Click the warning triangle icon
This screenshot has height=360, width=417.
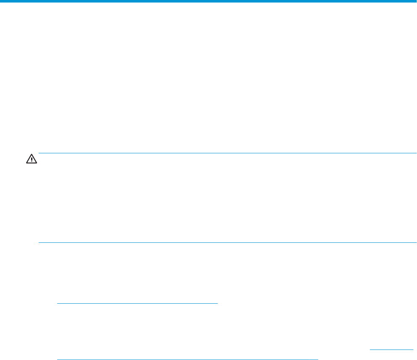31,158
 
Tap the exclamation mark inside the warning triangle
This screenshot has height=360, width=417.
31,159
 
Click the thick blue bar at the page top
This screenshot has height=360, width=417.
208,1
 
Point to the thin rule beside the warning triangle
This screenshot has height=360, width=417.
227,153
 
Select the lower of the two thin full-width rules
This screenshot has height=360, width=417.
227,242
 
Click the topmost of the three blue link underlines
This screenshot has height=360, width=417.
137,303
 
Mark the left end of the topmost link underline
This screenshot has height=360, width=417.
57,303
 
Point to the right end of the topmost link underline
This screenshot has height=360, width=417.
218,303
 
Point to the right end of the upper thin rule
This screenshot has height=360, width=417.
416,153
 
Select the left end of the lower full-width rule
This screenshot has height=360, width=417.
39,242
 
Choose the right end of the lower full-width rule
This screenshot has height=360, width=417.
416,242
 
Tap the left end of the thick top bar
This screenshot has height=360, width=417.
1,1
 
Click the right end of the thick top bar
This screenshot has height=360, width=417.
416,1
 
